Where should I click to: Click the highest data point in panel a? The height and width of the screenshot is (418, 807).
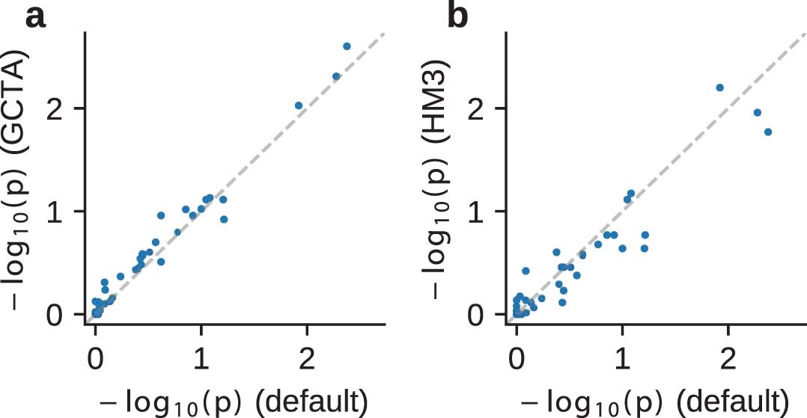tap(347, 46)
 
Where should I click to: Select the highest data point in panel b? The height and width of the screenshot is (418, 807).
tap(720, 87)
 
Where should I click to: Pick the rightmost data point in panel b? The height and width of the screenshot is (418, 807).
tap(767, 132)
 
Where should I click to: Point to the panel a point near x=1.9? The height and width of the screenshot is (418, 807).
tap(299, 105)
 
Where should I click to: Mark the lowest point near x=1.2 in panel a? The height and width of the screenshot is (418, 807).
tap(223, 219)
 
